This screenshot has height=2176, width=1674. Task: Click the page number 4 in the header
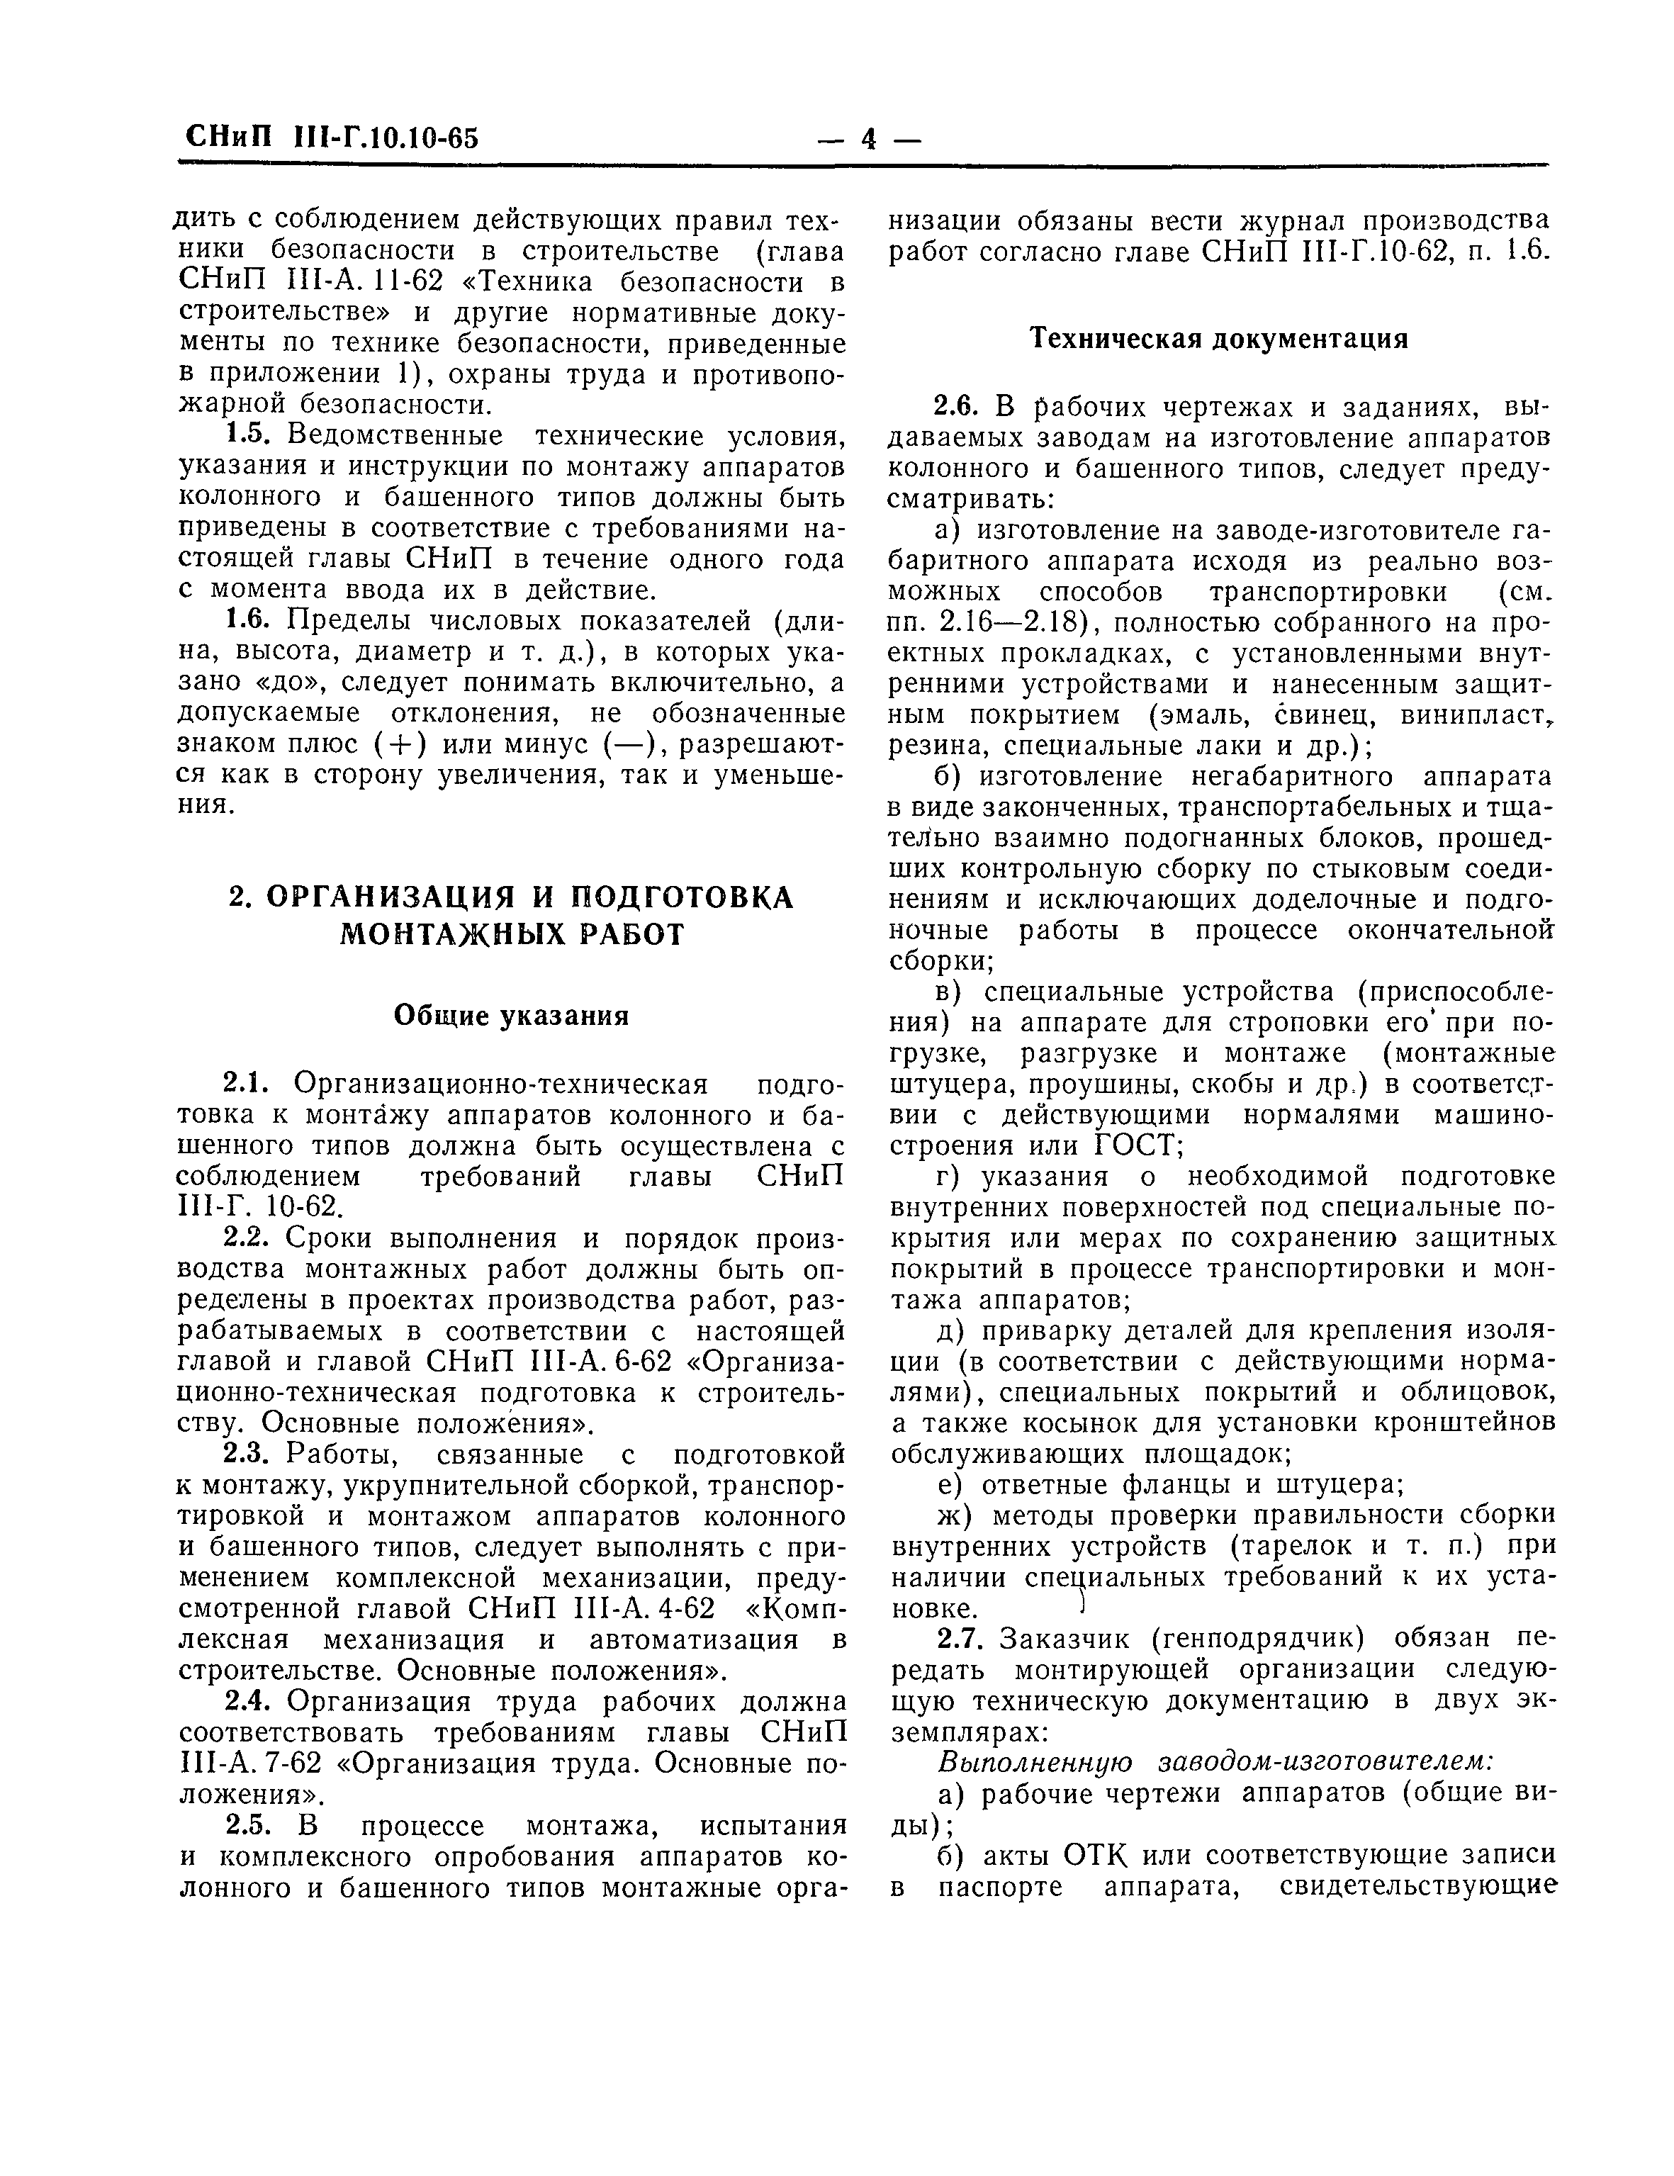[868, 138]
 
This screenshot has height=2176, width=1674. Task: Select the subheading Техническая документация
[1218, 339]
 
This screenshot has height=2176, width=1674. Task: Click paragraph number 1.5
[253, 435]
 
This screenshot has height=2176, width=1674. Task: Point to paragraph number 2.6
[957, 407]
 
